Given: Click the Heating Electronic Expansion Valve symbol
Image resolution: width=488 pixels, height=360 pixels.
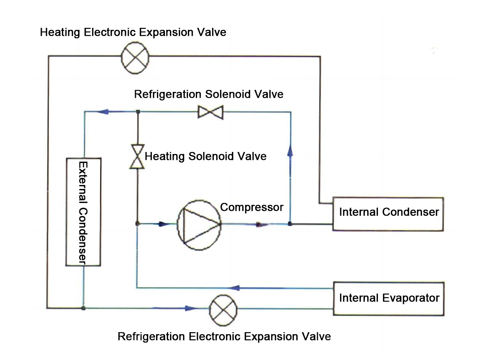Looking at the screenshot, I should (x=135, y=58).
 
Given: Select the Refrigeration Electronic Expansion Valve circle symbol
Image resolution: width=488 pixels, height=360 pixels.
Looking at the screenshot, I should (x=223, y=308).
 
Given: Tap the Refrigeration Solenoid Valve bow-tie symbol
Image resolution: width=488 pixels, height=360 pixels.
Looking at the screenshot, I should (x=211, y=113).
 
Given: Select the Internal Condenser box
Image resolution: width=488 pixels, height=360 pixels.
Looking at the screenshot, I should (x=388, y=214).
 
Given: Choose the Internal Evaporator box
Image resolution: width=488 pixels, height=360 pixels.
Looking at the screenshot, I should (x=388, y=298).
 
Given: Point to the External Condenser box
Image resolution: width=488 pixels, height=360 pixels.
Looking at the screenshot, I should (x=83, y=212).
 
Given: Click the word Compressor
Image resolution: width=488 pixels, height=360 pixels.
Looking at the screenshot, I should (x=252, y=207).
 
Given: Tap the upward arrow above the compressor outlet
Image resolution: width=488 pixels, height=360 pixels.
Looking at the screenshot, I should (x=290, y=151).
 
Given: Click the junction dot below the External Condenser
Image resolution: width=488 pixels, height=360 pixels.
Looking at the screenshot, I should (x=83, y=308).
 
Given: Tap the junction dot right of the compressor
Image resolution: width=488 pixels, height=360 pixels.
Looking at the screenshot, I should (x=290, y=224).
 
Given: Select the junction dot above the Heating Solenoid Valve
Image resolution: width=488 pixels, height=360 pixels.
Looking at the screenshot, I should (x=137, y=112).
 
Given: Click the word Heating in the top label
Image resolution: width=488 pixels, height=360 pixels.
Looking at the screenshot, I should (x=61, y=32).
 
